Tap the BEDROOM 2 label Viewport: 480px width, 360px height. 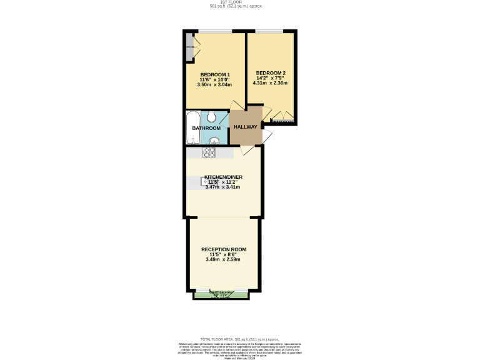coord(271,72)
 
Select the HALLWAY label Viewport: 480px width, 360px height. coord(245,127)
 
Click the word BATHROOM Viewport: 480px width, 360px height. coord(206,128)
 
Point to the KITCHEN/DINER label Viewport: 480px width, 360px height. coord(223,177)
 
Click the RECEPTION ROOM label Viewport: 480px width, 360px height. coord(223,249)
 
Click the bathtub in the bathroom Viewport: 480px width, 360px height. coord(192,128)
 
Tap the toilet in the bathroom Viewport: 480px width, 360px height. coord(212,116)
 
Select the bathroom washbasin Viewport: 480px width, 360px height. coord(214,141)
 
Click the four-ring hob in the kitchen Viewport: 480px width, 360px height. coord(209,152)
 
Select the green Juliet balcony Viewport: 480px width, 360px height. coord(222,295)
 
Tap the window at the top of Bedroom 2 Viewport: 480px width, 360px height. coord(269,31)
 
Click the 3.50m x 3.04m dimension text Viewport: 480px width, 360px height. coord(215,85)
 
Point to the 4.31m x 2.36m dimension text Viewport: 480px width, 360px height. coord(271,82)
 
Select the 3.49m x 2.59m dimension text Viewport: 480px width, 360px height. coord(223,259)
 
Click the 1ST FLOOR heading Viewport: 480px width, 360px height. coord(236,2)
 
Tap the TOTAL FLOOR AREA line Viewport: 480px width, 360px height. coord(239,339)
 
